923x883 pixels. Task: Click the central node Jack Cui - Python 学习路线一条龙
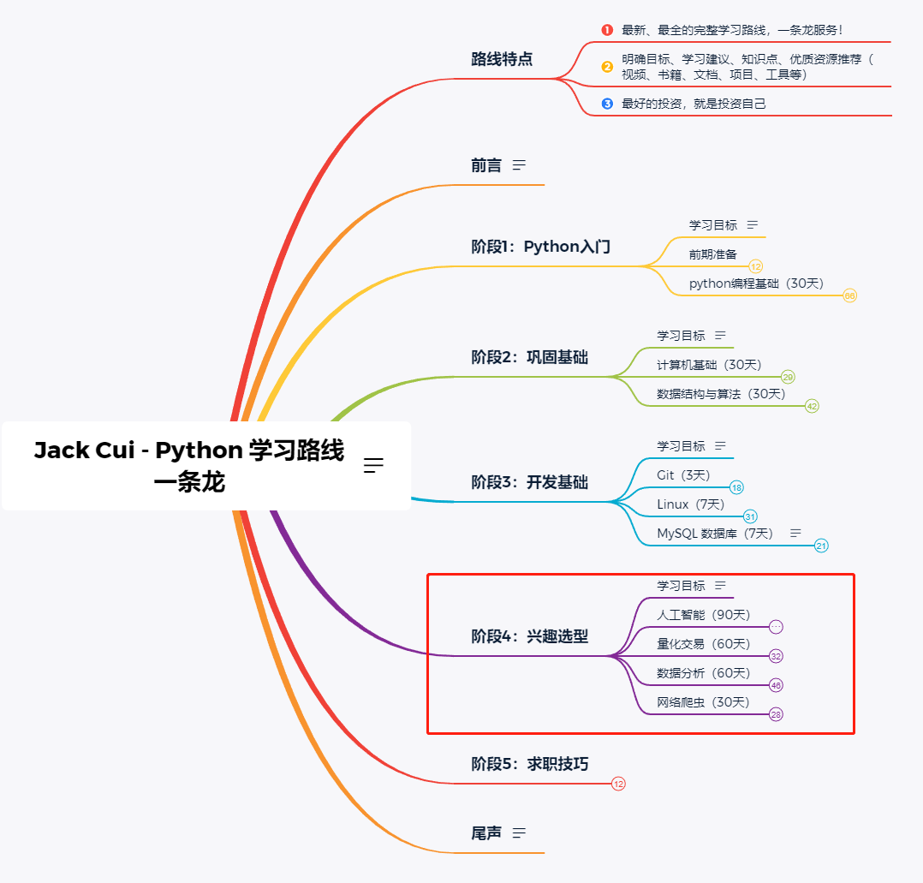(189, 466)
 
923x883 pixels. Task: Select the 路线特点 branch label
(502, 59)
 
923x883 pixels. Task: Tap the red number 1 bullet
(607, 30)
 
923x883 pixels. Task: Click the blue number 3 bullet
(607, 104)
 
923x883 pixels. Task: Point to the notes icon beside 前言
(519, 165)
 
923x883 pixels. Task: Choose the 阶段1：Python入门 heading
(541, 247)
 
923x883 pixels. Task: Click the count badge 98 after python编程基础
(849, 295)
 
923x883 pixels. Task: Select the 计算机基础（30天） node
(709, 365)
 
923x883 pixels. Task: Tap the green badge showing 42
(812, 406)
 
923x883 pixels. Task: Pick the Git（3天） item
(683, 475)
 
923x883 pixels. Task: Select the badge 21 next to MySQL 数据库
(821, 546)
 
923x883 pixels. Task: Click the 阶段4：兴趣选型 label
(529, 636)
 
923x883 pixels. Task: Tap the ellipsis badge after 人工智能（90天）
(776, 627)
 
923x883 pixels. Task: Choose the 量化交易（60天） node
(703, 644)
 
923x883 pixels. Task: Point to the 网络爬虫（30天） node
(703, 702)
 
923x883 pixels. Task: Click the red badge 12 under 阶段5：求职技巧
(618, 784)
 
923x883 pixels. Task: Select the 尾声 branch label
(486, 832)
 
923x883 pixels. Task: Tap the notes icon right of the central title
(373, 465)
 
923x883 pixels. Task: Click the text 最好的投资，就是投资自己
(694, 104)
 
